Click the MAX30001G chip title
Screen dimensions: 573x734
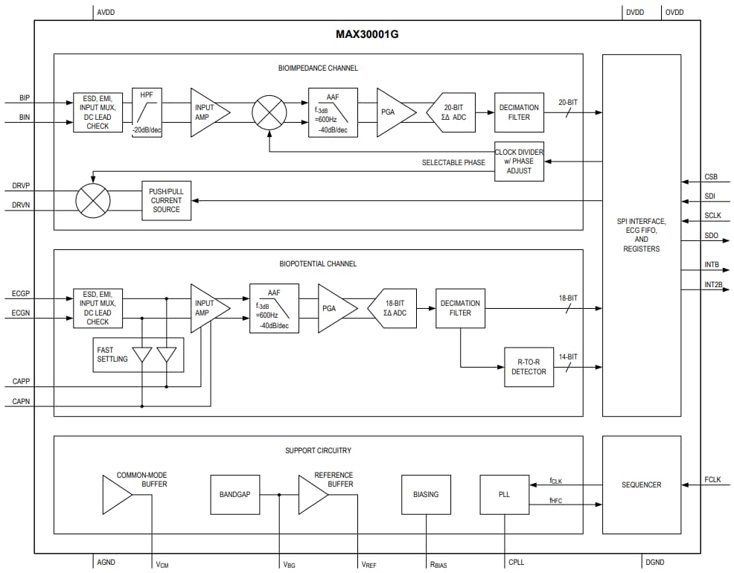[367, 34]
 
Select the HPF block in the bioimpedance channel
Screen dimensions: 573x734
[147, 111]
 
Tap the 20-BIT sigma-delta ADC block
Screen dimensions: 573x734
[453, 112]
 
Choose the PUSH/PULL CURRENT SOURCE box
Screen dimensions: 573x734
[166, 200]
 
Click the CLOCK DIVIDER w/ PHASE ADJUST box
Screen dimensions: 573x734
[519, 161]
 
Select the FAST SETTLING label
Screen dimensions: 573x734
[112, 354]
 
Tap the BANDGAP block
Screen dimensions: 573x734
[235, 494]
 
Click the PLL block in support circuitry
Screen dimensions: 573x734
[504, 494]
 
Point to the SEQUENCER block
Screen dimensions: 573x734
[641, 484]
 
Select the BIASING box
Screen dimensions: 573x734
[426, 494]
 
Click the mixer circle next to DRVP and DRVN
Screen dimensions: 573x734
[93, 200]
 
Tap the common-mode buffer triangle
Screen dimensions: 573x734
[116, 494]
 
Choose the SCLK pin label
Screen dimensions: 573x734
[712, 216]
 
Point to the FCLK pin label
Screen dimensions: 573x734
[712, 478]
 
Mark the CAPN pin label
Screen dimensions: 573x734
[21, 401]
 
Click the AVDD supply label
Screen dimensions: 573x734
[106, 12]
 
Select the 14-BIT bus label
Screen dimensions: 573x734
[567, 356]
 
